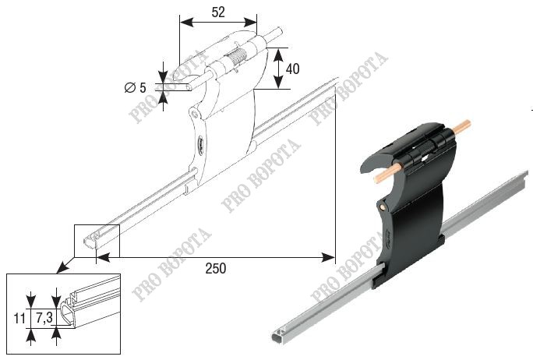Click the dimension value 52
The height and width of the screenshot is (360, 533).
click(x=218, y=12)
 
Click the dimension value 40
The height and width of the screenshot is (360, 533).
click(x=293, y=69)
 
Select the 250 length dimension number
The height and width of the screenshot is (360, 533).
click(x=216, y=269)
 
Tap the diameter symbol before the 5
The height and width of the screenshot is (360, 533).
click(x=129, y=88)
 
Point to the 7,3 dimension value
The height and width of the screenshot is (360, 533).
click(x=44, y=318)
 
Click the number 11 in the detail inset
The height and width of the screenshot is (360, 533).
click(x=19, y=319)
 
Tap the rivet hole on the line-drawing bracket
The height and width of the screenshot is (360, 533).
click(x=195, y=113)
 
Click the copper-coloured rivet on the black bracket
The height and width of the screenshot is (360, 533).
click(x=383, y=206)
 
